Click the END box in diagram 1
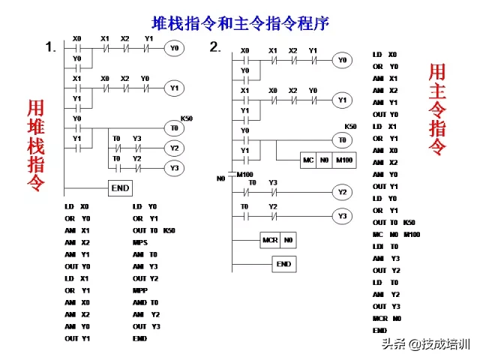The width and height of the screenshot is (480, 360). point(121,188)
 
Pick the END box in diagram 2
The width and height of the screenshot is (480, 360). point(283,264)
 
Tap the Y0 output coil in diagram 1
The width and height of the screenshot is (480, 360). point(173,49)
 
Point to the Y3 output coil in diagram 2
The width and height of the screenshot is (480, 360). point(343,217)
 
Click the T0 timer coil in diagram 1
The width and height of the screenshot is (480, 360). point(173,128)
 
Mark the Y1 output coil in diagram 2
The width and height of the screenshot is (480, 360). point(342,99)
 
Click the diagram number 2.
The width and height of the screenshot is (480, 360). point(215,47)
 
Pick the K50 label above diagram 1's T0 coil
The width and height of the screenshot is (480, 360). point(186,118)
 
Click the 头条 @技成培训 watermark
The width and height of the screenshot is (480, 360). point(424,344)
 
